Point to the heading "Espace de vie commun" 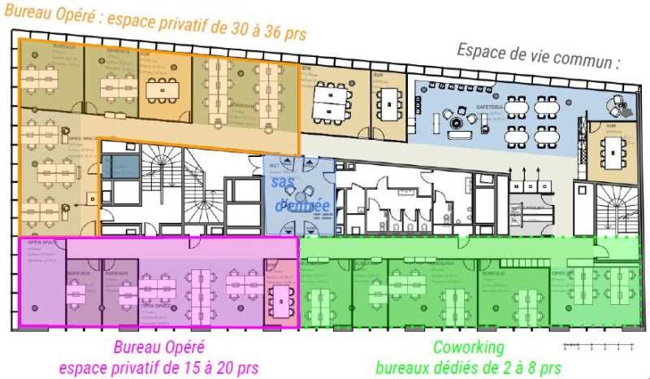click(x=538, y=54)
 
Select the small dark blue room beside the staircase click(x=119, y=166)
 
